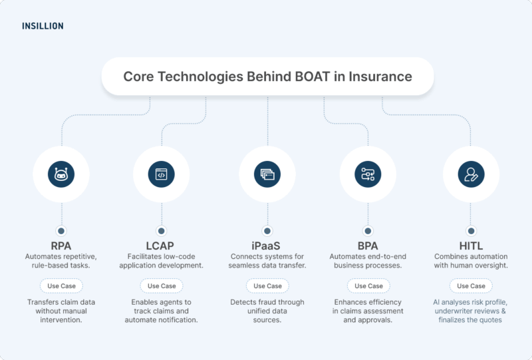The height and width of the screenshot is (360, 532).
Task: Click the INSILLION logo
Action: point(43,27)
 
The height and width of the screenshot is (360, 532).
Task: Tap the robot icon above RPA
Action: point(62,174)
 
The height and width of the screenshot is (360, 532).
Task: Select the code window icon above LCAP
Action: point(160,174)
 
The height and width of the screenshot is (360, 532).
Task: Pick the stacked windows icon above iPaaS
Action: point(267,174)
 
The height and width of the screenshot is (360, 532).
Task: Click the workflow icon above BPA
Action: point(368,174)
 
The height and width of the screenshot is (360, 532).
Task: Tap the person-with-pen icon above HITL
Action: point(470,174)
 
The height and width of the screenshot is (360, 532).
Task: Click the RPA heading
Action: point(61,244)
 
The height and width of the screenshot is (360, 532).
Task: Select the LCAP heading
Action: point(160,244)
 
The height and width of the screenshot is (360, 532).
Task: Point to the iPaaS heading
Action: point(267,244)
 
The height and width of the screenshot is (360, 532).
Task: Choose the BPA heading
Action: point(368,244)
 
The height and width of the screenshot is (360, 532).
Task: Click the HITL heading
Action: point(470,244)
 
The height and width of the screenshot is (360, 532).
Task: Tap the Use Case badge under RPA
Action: point(61,285)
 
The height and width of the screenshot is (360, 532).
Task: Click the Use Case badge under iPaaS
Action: point(267,285)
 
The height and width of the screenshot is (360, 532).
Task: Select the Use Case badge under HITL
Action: point(470,285)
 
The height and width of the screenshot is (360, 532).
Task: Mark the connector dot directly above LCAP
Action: point(160,231)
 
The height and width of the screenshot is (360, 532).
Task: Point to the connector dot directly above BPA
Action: point(368,231)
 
